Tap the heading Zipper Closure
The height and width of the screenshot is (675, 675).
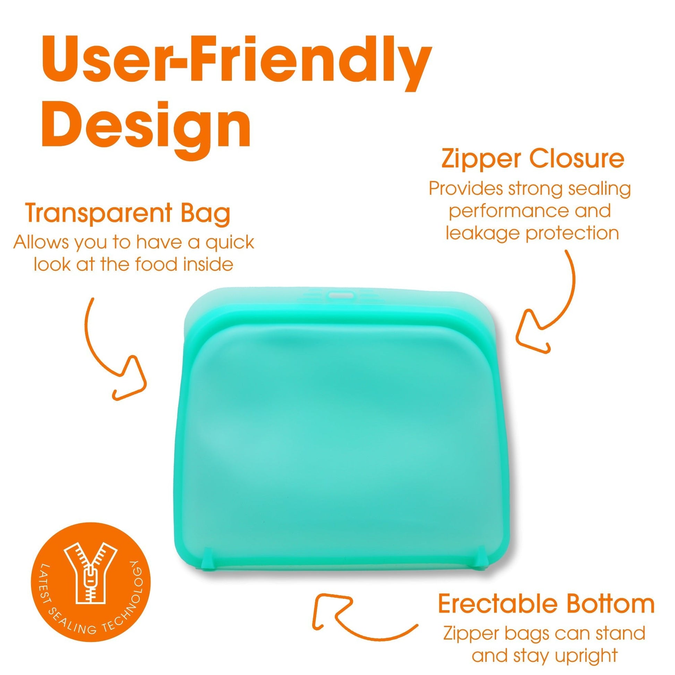pyautogui.click(x=533, y=159)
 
